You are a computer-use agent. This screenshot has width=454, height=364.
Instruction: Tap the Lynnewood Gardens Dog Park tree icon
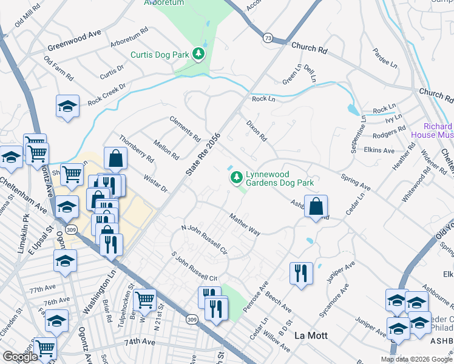(x=236, y=178)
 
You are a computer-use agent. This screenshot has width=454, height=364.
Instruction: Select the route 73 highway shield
(x=268, y=38)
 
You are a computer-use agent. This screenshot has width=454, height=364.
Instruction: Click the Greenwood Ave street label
(x=75, y=40)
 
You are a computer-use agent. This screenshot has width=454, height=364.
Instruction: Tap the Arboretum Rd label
(x=129, y=38)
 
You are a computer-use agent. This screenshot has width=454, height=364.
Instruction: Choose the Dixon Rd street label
(x=256, y=130)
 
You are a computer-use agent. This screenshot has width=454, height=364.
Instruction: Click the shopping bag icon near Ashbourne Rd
(x=316, y=207)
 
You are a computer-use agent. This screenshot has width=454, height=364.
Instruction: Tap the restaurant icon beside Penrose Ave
(x=300, y=274)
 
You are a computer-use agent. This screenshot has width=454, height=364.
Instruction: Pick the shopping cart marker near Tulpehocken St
(x=144, y=300)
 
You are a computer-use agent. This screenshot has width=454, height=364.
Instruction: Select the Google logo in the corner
(x=20, y=356)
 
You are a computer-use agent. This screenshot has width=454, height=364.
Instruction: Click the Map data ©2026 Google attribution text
(x=416, y=359)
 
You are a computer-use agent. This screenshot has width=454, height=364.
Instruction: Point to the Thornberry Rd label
(x=136, y=149)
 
